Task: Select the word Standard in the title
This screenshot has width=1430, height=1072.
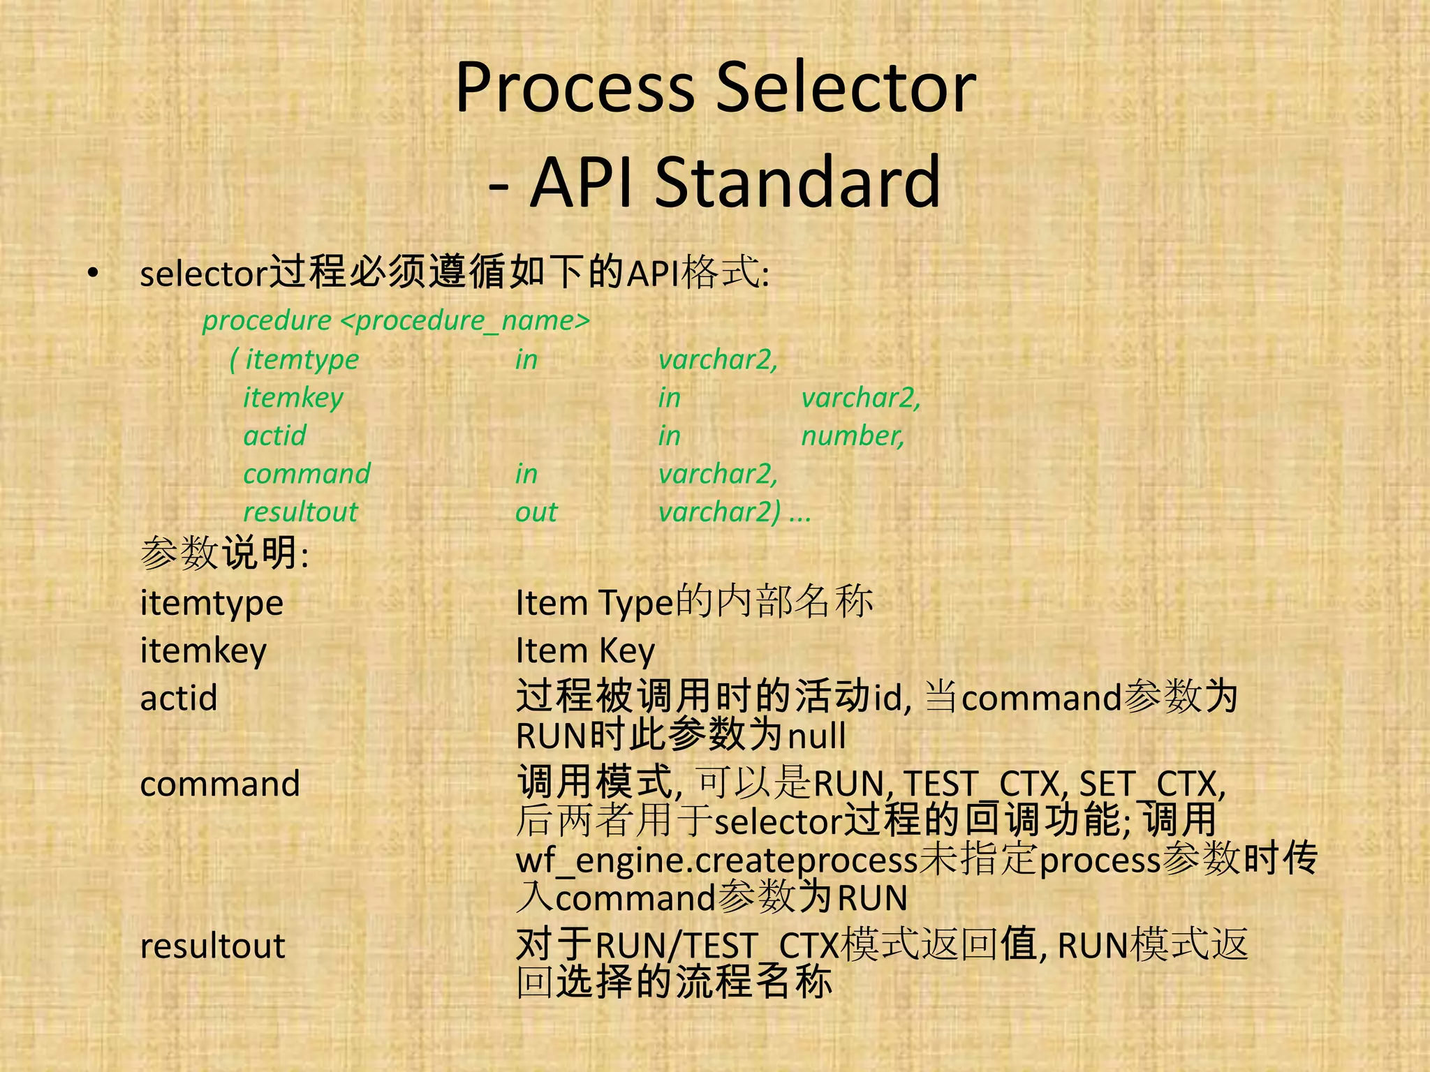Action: tap(797, 182)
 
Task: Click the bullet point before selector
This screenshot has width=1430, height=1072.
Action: tap(93, 274)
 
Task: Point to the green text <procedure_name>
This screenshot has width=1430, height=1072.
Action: tap(466, 321)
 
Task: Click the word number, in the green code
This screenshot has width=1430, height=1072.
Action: tap(853, 436)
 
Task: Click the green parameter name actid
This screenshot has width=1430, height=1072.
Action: tap(274, 436)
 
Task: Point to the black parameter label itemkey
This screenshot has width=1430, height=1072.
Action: tap(203, 651)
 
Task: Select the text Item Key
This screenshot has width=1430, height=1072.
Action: tap(585, 651)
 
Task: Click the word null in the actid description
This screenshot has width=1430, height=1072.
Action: tap(816, 736)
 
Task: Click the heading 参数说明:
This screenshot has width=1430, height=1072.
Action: tap(224, 553)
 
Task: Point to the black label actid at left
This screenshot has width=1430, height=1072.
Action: tap(179, 699)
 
